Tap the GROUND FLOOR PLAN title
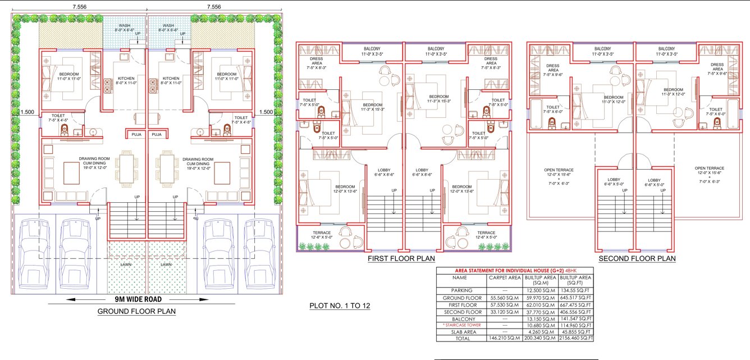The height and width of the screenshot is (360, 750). (x=137, y=311)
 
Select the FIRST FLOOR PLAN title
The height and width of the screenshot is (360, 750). (x=401, y=259)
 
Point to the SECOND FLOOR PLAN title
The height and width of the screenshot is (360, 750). (x=637, y=259)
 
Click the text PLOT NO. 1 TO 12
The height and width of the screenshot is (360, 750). (x=340, y=306)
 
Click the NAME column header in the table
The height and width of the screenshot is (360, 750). (x=459, y=277)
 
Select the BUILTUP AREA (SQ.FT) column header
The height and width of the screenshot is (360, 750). (x=576, y=280)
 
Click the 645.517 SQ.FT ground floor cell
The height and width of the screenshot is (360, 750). (x=576, y=297)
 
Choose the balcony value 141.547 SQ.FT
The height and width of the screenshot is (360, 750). (x=576, y=318)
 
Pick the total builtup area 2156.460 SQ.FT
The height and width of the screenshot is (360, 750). (x=576, y=339)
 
